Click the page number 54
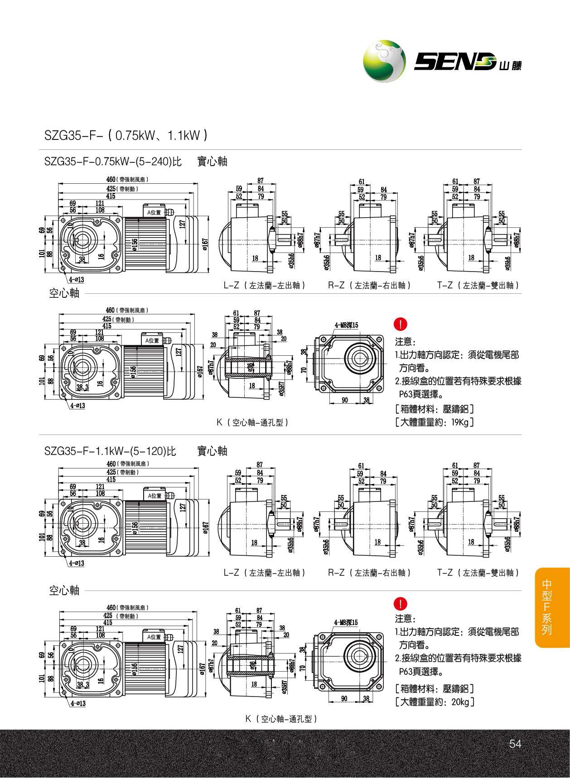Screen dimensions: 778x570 click(515, 744)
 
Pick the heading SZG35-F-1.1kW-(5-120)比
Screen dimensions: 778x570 click(110, 451)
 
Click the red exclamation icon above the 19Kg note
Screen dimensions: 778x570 click(401, 324)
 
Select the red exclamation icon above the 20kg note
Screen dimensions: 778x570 click(401, 603)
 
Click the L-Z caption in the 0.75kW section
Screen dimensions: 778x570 click(264, 286)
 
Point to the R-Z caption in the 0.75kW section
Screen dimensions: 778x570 click(369, 286)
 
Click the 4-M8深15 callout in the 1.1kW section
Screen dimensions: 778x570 click(346, 622)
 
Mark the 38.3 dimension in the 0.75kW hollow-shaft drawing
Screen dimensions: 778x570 click(82, 387)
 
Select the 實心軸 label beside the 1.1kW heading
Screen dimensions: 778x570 click(212, 451)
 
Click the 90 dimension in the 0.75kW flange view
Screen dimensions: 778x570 click(344, 400)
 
